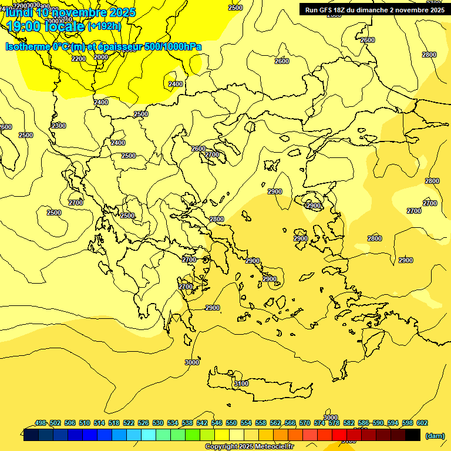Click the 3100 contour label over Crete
[241, 383]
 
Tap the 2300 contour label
[59, 126]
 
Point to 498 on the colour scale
[41, 423]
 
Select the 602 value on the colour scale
[422, 423]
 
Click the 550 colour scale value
[231, 423]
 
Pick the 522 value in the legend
[129, 423]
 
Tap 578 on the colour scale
[334, 423]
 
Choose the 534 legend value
[173, 423]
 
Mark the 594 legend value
[393, 423]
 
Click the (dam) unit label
[435, 436]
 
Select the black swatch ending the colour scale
[413, 435]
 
